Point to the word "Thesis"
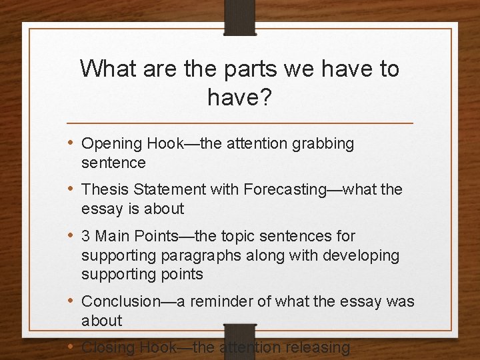pyautogui.click(x=103, y=190)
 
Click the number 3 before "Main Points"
pyautogui.click(x=86, y=236)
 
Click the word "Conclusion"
pyautogui.click(x=121, y=301)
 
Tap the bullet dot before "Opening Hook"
pyautogui.click(x=71, y=143)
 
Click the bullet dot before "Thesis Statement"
pyautogui.click(x=71, y=189)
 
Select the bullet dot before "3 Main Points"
pyautogui.click(x=71, y=235)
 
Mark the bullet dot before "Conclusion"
pyautogui.click(x=71, y=301)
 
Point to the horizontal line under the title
pyautogui.click(x=240, y=123)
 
